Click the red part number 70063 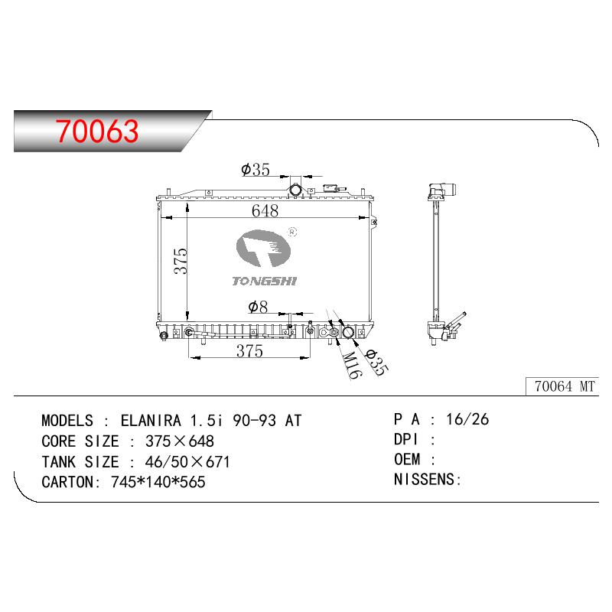97,131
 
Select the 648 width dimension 265,211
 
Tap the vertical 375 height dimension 181,261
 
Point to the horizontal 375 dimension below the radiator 249,351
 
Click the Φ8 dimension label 258,308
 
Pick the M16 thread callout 350,365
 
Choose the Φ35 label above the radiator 256,170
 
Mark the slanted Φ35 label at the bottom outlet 376,362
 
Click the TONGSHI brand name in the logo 264,281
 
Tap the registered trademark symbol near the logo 292,233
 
